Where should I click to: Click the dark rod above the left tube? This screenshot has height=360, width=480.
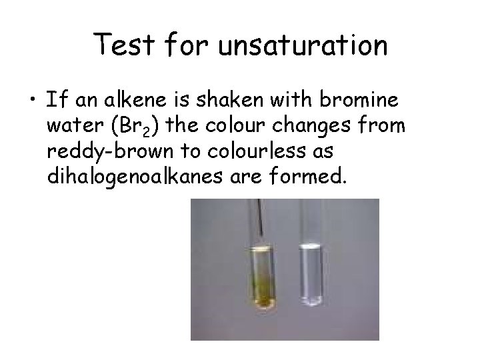(265, 220)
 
